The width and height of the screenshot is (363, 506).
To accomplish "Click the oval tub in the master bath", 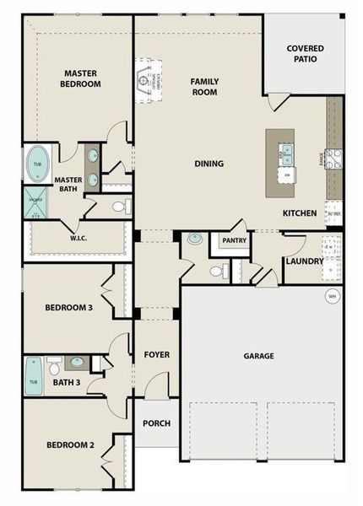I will (36, 165).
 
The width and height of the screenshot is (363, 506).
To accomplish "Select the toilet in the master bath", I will (119, 206).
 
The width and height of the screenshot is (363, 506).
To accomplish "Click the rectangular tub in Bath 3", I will (35, 376).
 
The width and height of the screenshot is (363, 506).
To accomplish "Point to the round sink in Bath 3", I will (77, 363).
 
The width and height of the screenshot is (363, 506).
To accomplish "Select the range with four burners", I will (333, 159).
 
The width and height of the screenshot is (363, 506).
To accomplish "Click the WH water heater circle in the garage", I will (332, 296).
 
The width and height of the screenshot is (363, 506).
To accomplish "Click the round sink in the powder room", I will (195, 239).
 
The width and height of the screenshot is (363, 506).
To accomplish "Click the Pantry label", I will (234, 240).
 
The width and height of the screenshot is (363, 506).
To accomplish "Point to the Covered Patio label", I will (305, 55).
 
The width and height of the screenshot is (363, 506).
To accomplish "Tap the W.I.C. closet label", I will (80, 238).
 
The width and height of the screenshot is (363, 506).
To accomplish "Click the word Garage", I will (258, 356).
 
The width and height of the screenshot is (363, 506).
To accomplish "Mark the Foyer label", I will (156, 354).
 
